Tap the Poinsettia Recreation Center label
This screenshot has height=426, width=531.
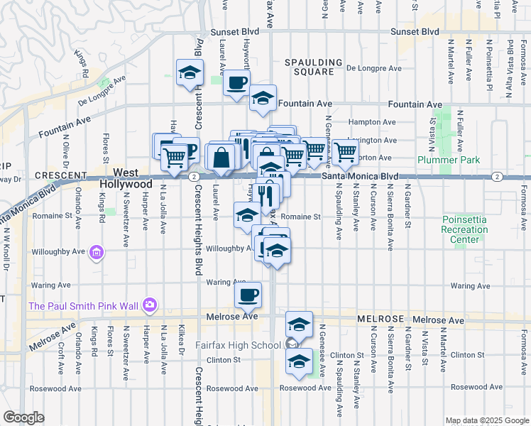464,229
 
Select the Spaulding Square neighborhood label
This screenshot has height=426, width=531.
309,67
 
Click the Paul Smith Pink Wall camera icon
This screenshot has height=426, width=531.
149,305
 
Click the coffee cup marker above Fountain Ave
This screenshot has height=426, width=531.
236,82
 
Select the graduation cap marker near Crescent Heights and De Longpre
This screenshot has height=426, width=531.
190,72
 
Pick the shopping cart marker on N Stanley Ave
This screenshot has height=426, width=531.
345,151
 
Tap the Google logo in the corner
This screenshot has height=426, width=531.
23,417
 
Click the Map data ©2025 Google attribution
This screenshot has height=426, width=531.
487,420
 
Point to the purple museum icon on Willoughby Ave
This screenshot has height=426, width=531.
97,251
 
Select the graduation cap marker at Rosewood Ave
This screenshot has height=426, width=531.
299,362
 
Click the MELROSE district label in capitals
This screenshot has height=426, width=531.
379,320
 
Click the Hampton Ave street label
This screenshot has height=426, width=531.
377,122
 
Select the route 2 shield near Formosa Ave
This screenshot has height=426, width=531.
497,176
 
